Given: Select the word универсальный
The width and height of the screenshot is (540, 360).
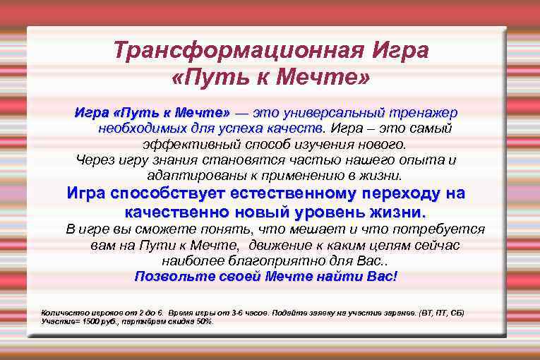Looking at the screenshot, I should coord(331,113).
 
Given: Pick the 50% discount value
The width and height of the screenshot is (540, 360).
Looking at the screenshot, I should coord(203,320).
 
